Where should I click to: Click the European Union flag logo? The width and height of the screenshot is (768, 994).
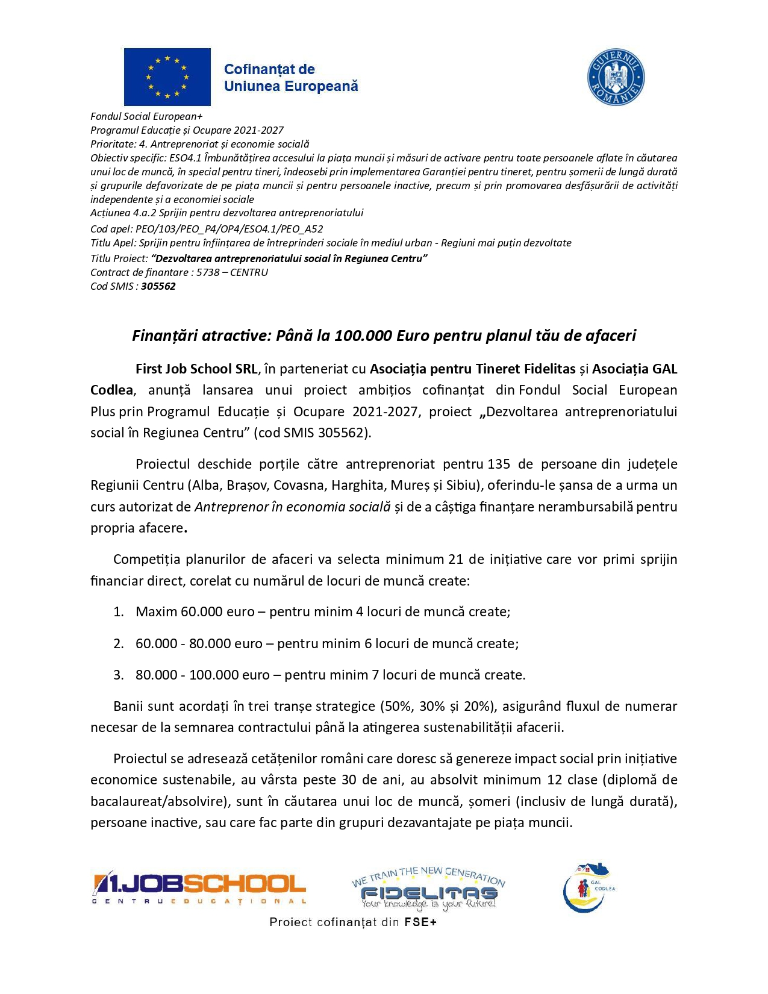pyautogui.click(x=167, y=77)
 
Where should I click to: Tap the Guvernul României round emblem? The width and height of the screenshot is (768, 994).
pyautogui.click(x=616, y=78)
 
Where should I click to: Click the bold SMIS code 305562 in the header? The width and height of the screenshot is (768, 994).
pyautogui.click(x=158, y=286)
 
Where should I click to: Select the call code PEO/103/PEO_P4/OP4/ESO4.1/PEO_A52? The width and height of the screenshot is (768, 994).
pyautogui.click(x=229, y=229)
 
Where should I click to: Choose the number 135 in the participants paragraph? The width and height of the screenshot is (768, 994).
pyautogui.click(x=499, y=464)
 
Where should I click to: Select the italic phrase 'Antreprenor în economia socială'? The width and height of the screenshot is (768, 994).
pyautogui.click(x=293, y=507)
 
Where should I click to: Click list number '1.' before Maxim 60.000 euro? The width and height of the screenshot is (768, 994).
pyautogui.click(x=119, y=612)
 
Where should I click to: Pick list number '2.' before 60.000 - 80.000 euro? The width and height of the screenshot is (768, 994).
pyautogui.click(x=119, y=643)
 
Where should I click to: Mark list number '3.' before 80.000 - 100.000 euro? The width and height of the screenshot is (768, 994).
pyautogui.click(x=119, y=675)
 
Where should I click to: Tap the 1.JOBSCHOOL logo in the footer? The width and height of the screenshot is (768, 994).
pyautogui.click(x=199, y=888)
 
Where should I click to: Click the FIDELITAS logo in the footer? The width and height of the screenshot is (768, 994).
pyautogui.click(x=428, y=889)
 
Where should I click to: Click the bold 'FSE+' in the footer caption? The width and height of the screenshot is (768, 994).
pyautogui.click(x=420, y=922)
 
